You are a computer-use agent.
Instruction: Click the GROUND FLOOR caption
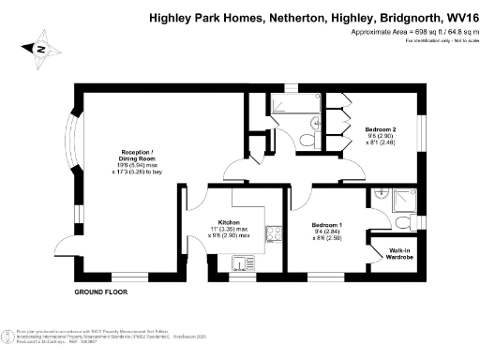(x=100, y=292)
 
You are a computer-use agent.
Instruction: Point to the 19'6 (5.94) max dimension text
(x=137, y=166)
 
